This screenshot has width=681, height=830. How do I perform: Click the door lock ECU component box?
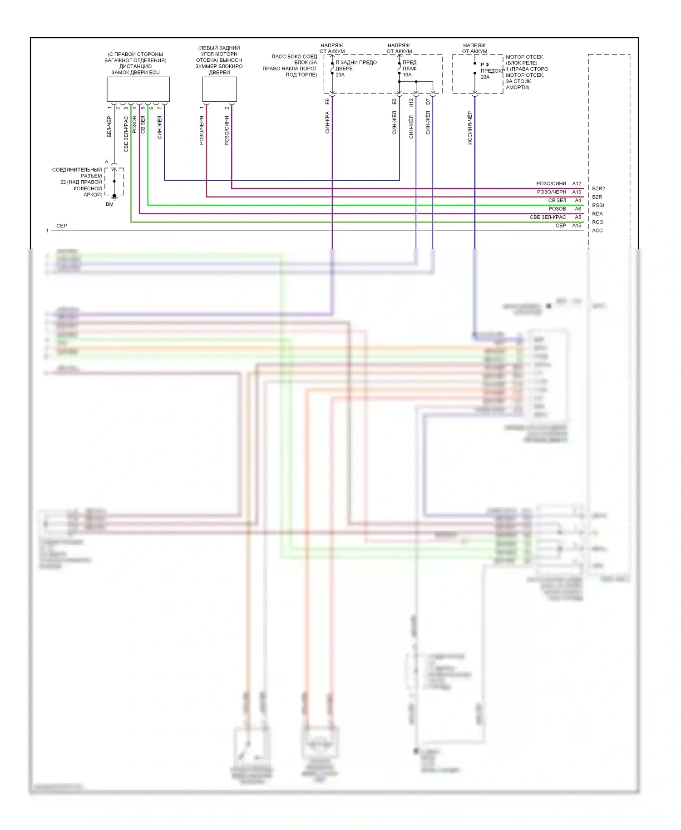(138, 89)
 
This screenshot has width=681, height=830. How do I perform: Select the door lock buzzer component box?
(219, 89)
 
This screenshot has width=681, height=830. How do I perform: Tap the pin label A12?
(577, 183)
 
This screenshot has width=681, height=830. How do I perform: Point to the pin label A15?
(577, 226)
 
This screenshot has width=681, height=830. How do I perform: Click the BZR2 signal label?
(598, 188)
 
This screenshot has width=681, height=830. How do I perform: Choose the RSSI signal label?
(598, 205)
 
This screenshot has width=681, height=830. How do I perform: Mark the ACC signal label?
(597, 231)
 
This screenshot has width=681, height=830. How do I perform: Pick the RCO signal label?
(597, 222)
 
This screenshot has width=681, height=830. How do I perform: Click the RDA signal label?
(597, 214)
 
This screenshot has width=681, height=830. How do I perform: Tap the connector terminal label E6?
(327, 101)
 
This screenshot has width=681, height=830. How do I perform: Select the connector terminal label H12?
(411, 103)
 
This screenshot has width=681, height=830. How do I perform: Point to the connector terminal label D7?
(428, 102)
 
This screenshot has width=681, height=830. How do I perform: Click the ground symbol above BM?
(114, 196)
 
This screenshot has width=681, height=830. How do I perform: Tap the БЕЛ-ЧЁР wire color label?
(109, 127)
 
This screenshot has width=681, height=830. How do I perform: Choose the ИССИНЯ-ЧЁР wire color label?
(470, 128)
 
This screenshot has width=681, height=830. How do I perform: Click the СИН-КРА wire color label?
(327, 123)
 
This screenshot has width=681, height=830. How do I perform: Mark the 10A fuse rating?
(407, 75)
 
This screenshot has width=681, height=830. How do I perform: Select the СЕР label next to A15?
(561, 226)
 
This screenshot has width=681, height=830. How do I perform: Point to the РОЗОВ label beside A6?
(557, 209)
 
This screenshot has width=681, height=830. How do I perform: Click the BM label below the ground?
(109, 204)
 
